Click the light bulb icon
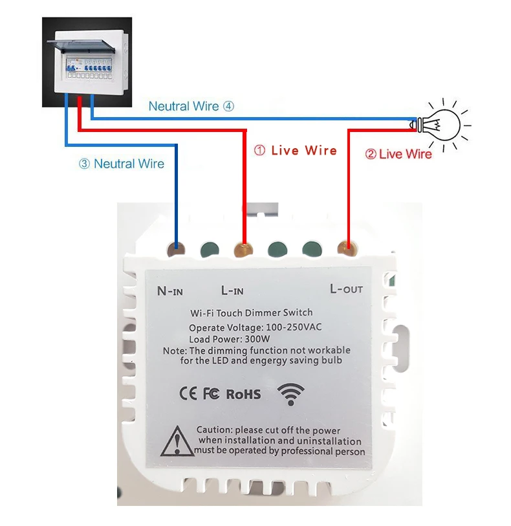(440, 125)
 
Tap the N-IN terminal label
(170, 291)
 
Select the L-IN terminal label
(232, 290)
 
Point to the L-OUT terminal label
(346, 289)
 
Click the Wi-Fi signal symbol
(290, 394)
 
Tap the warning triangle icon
(177, 441)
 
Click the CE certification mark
(188, 393)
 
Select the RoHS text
(243, 394)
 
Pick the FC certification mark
(212, 393)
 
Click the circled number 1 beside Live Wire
(259, 150)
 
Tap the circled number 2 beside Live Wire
(371, 155)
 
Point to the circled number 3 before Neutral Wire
(84, 164)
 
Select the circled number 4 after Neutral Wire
(229, 106)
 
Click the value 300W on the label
(257, 339)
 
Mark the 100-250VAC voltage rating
(294, 327)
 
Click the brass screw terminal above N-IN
(176, 249)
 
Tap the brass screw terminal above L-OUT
(347, 248)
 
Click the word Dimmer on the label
(263, 312)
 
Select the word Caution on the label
(214, 430)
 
